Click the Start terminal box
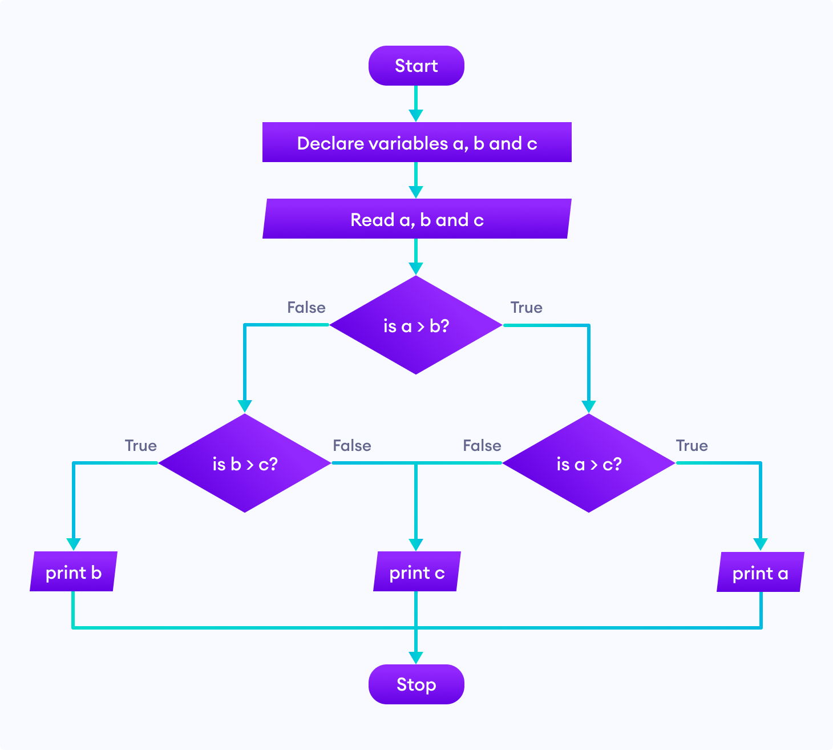tap(416, 66)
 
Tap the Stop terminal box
tap(416, 684)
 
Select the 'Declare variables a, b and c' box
tap(416, 143)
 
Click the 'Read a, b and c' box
tap(416, 219)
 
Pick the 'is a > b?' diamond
tap(416, 325)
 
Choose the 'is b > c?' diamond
tap(245, 463)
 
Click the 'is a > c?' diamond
tap(589, 463)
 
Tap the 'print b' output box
tap(74, 572)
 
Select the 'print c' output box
tap(416, 572)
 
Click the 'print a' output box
tap(760, 572)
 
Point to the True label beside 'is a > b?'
tap(526, 308)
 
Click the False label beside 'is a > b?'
tap(306, 308)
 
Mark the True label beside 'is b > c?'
tap(141, 446)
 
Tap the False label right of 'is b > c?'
tap(352, 446)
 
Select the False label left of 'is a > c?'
tap(482, 446)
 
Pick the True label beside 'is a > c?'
tap(692, 446)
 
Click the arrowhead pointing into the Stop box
tap(416, 657)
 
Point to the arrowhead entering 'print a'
tap(760, 544)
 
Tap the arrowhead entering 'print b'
tap(74, 543)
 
